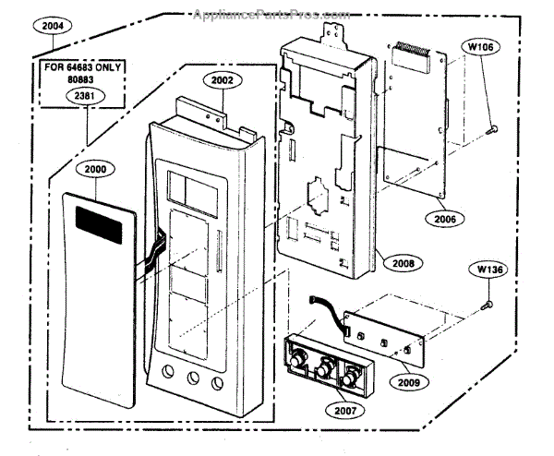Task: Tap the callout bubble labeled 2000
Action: [x=95, y=170]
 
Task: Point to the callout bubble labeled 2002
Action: [x=221, y=80]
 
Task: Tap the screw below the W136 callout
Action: [x=489, y=302]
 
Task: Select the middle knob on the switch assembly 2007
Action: [x=324, y=372]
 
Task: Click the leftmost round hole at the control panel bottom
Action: [x=166, y=380]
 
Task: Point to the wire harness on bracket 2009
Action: [x=327, y=309]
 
